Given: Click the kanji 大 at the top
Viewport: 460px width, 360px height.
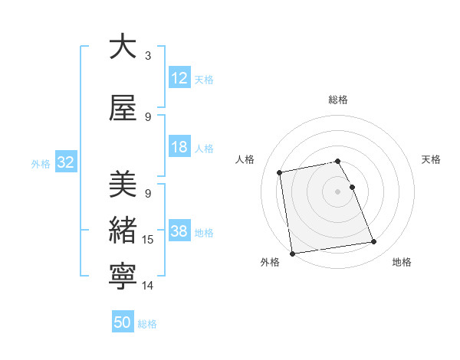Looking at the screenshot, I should click(x=123, y=47).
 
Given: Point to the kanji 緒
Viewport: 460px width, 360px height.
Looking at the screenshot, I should click(x=123, y=231).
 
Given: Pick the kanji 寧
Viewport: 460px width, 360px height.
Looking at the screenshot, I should click(x=123, y=277).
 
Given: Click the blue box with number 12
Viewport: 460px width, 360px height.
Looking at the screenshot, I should click(x=179, y=77).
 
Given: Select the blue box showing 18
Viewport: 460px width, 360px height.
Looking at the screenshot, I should click(x=179, y=147).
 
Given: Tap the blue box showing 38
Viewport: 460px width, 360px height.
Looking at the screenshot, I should click(x=179, y=231).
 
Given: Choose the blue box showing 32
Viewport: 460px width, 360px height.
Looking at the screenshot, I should click(x=65, y=162).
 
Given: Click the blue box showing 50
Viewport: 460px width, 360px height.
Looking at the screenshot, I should click(x=123, y=322).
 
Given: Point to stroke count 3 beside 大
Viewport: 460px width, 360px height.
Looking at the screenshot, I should click(x=148, y=56).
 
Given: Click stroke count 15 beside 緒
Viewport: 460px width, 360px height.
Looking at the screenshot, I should click(x=148, y=240).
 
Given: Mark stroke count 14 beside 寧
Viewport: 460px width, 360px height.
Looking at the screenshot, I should click(x=148, y=286).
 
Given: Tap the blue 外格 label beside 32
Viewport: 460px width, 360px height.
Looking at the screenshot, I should click(x=41, y=163).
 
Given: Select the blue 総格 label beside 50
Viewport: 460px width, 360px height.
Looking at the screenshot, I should click(x=147, y=324).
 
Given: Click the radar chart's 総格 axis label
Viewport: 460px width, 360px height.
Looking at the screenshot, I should click(x=338, y=100).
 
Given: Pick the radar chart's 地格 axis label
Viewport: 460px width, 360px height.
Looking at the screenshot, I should click(x=402, y=262).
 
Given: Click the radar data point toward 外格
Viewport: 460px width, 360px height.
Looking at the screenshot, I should click(x=292, y=254).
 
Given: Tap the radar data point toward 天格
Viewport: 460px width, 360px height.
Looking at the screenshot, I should click(x=352, y=187).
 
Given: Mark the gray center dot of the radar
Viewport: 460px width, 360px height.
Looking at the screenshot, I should click(x=338, y=191).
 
